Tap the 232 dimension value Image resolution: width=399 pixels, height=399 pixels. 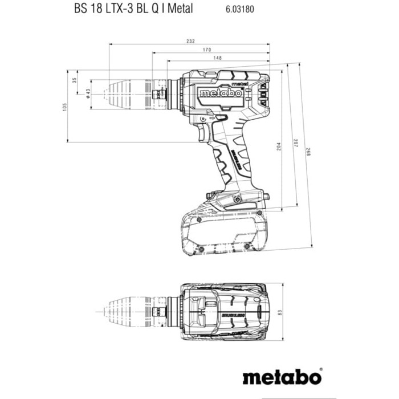[190, 41]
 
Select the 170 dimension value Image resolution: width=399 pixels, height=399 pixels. [211, 50]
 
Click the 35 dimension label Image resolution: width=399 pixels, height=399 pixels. [74, 80]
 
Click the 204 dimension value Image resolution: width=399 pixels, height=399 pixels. [278, 145]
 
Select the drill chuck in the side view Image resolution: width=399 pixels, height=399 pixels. [129, 93]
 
